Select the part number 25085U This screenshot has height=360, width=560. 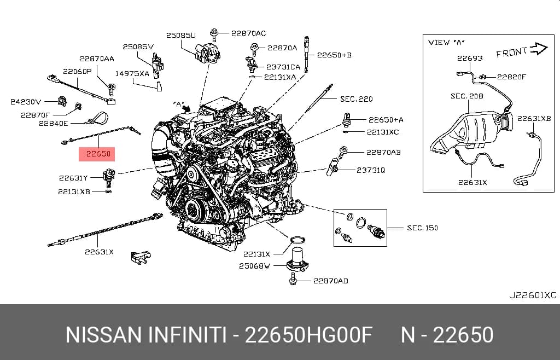[180, 35]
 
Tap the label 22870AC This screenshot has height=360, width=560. [248, 33]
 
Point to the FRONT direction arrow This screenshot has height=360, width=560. [539, 49]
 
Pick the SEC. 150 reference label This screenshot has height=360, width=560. [423, 228]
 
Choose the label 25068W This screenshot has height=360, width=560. [254, 266]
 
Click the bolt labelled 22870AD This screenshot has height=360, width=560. [293, 279]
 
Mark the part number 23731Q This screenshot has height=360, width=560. [371, 170]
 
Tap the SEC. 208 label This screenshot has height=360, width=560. [467, 96]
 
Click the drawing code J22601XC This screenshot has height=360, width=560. [533, 295]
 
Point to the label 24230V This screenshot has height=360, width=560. [26, 102]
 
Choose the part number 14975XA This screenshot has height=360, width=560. [132, 73]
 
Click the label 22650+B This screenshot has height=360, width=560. [334, 55]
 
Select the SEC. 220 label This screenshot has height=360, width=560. [357, 99]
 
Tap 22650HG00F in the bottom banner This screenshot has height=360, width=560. [308, 335]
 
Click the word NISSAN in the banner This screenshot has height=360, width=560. [103, 335]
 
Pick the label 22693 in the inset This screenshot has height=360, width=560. [470, 58]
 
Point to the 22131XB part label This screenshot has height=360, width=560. [74, 192]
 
